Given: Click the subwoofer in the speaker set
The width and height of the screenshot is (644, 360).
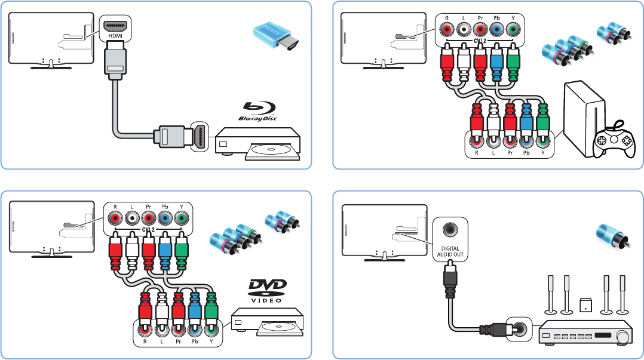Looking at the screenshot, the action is [586, 306].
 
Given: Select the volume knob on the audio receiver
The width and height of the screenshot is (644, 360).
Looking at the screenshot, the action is [624, 337].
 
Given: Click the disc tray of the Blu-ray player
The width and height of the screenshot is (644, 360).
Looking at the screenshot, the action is [272, 150].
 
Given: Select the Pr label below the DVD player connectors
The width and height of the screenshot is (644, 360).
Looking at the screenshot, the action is [177, 343].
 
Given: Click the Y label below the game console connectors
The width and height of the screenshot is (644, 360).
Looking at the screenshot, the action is [542, 152].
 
